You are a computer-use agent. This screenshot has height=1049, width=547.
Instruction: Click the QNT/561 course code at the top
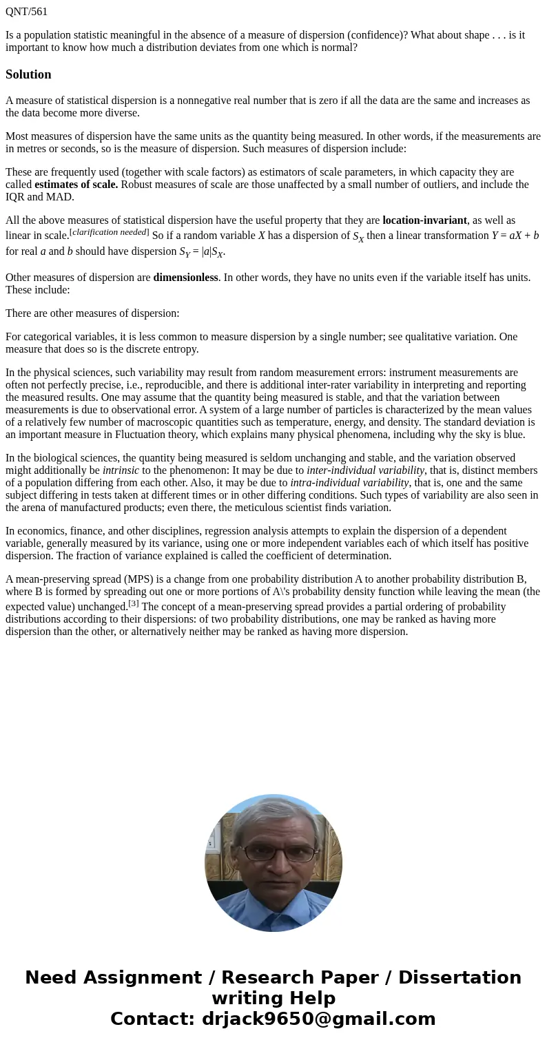[x=26, y=11]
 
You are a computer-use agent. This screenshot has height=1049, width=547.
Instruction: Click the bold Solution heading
[x=28, y=74]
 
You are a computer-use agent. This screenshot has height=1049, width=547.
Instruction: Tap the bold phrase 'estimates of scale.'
[x=76, y=185]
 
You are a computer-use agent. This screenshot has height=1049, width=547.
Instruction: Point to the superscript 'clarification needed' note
[x=110, y=232]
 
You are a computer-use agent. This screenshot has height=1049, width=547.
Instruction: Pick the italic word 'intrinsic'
[x=121, y=470]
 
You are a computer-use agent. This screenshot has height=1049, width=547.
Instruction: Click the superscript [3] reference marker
[x=134, y=603]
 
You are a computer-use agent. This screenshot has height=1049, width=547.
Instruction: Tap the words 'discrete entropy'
[x=163, y=349]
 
